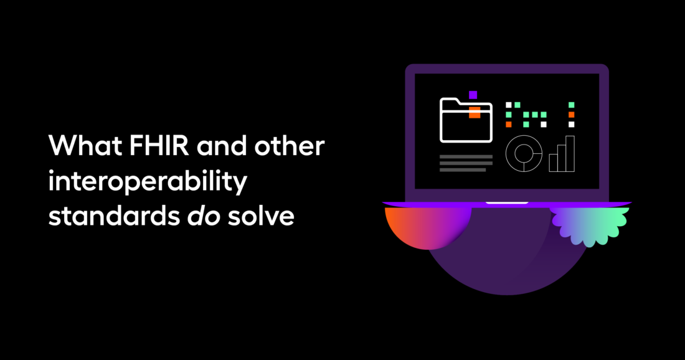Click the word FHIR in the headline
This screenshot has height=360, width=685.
pos(159,146)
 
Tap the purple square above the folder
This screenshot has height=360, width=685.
pos(473,95)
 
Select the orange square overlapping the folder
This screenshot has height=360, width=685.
pos(475,112)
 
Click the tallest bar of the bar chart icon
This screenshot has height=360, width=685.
pos(570,153)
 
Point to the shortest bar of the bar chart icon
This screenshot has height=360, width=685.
pos(554,163)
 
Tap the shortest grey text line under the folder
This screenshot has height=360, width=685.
pos(463,170)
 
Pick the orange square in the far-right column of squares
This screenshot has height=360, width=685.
pos(572,115)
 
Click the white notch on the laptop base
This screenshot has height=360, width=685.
pos(507,202)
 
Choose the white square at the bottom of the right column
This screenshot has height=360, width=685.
pos(572,125)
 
